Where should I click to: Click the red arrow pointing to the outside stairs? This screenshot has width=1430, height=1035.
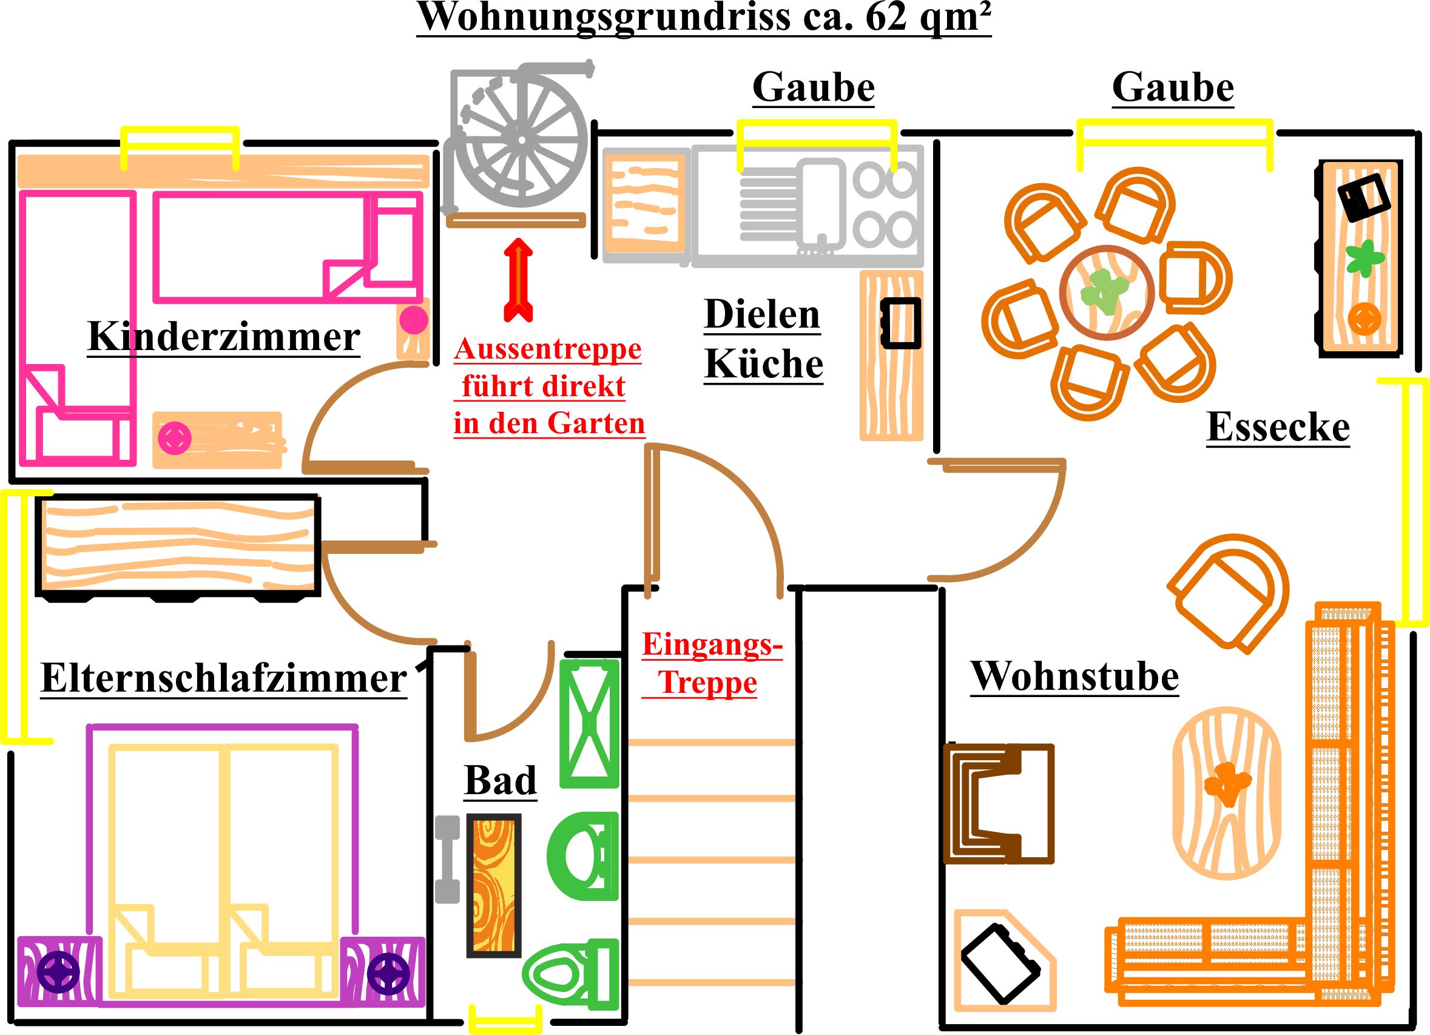click(x=518, y=280)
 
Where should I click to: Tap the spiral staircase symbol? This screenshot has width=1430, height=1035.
click(x=522, y=140)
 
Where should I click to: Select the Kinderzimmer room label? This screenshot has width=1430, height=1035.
click(x=224, y=337)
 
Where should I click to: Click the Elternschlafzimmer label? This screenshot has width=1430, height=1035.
click(x=224, y=679)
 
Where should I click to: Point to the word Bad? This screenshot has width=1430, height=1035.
click(x=500, y=780)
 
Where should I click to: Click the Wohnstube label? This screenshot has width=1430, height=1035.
click(x=1074, y=676)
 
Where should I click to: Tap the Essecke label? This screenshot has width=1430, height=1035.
click(x=1278, y=427)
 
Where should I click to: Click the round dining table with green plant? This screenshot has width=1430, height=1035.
click(x=1107, y=293)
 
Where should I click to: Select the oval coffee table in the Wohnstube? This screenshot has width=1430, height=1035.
click(x=1226, y=792)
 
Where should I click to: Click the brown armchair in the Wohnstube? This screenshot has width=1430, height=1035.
click(x=998, y=804)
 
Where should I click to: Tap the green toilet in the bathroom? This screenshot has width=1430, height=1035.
click(x=571, y=973)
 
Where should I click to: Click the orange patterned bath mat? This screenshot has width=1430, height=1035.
click(x=494, y=886)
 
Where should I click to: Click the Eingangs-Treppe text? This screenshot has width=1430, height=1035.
click(x=711, y=664)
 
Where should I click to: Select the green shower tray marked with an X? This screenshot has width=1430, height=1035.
click(x=590, y=723)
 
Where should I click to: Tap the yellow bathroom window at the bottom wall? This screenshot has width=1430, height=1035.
click(x=505, y=1019)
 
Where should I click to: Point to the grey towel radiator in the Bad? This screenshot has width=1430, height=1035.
click(x=448, y=859)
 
